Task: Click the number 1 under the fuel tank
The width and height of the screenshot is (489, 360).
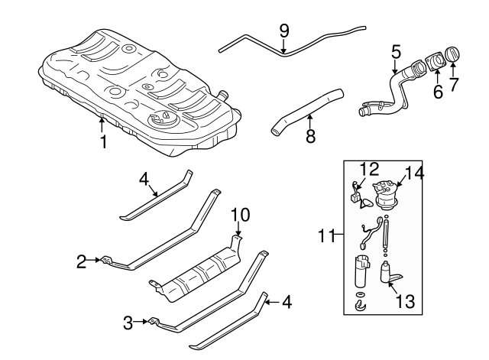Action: tap(102, 142)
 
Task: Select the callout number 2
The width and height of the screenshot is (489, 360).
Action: tap(80, 261)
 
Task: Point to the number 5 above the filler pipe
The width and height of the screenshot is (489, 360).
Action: tap(396, 52)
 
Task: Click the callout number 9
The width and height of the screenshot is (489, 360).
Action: tap(284, 31)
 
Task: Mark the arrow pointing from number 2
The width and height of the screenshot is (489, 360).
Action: tap(96, 261)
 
